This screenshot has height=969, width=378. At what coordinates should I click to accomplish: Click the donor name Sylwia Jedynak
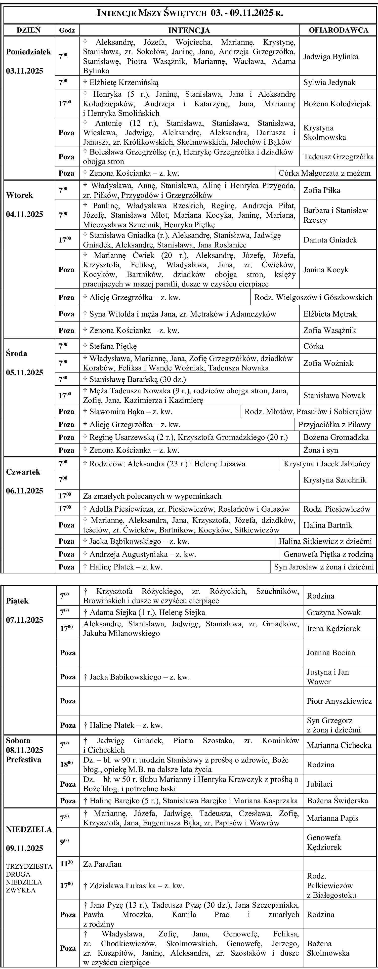(x=329, y=82)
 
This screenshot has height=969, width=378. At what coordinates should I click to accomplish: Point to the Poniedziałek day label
(x=29, y=52)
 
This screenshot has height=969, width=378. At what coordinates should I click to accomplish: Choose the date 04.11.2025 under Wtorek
(x=24, y=214)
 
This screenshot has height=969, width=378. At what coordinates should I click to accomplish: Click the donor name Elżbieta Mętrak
(x=330, y=314)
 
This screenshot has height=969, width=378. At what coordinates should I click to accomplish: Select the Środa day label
(x=17, y=353)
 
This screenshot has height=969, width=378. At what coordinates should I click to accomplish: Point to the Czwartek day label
(x=23, y=472)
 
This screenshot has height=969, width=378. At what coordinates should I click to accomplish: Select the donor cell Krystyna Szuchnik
(x=335, y=480)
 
